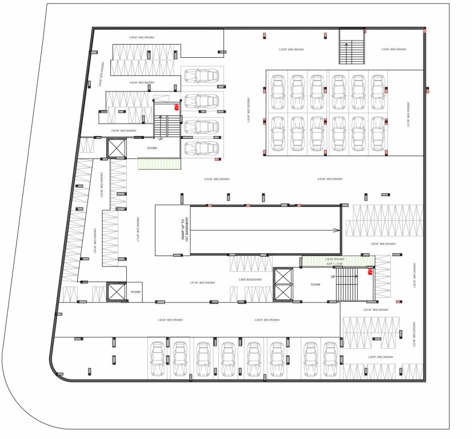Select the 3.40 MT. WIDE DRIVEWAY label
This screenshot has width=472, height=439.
pos(249,109)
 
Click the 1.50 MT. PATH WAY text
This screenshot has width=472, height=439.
pos(334,260)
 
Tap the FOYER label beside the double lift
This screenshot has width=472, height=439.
pos(315,284)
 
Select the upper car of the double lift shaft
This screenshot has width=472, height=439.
pos(283,276)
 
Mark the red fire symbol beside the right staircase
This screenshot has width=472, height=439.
pos(369,272)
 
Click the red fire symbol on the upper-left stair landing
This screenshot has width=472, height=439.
pos(177,106)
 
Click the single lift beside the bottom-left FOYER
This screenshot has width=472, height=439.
pos(116,292)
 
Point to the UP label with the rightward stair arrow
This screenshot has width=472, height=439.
pos(333,277)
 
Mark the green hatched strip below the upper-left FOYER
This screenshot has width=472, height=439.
pos(159,163)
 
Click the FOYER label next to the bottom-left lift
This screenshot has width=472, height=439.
pos(135,292)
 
